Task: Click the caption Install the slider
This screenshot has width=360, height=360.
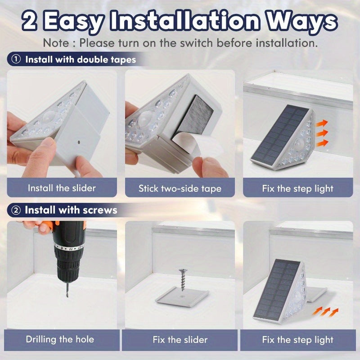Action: click(x=62, y=188)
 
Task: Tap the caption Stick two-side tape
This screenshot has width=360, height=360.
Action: click(x=180, y=188)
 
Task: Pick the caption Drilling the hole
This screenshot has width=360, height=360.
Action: click(x=60, y=339)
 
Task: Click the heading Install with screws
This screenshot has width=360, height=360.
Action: click(x=71, y=210)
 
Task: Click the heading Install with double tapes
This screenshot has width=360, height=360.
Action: click(x=80, y=59)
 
